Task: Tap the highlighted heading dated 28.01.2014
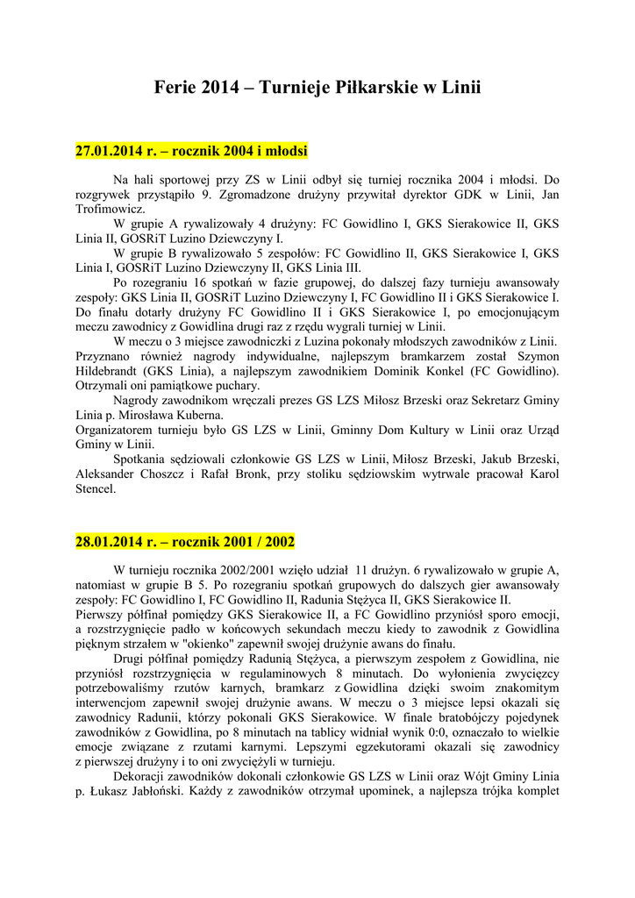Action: pyautogui.click(x=185, y=541)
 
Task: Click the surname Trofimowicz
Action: pyautogui.click(x=109, y=210)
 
